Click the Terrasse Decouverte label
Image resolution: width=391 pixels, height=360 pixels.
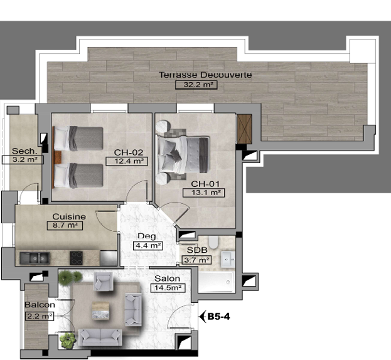click(205, 75)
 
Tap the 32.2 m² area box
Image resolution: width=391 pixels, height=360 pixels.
click(196, 85)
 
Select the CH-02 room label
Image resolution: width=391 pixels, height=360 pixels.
click(129, 152)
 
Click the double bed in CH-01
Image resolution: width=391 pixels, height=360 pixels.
click(183, 154)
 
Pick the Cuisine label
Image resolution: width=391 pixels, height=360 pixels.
click(69, 216)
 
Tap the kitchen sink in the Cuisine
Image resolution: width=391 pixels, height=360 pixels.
click(35, 258)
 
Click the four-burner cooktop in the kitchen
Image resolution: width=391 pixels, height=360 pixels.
click(77, 258)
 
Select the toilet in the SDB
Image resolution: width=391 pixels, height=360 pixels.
click(213, 242)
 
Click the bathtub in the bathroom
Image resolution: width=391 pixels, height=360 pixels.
click(217, 282)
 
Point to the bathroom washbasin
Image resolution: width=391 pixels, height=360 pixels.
click(228, 260)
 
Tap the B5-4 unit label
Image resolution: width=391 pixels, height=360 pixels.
click(218, 317)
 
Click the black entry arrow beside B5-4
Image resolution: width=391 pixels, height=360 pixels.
click(203, 317)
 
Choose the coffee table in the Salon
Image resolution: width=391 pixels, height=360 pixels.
click(100, 310)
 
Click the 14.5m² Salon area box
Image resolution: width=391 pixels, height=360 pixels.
click(168, 288)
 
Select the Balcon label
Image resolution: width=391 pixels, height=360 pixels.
click(40, 305)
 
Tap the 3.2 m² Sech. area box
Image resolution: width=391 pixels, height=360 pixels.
click(23, 160)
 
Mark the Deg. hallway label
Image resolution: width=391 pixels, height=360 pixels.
click(148, 236)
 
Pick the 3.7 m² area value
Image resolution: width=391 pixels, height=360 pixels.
click(196, 260)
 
